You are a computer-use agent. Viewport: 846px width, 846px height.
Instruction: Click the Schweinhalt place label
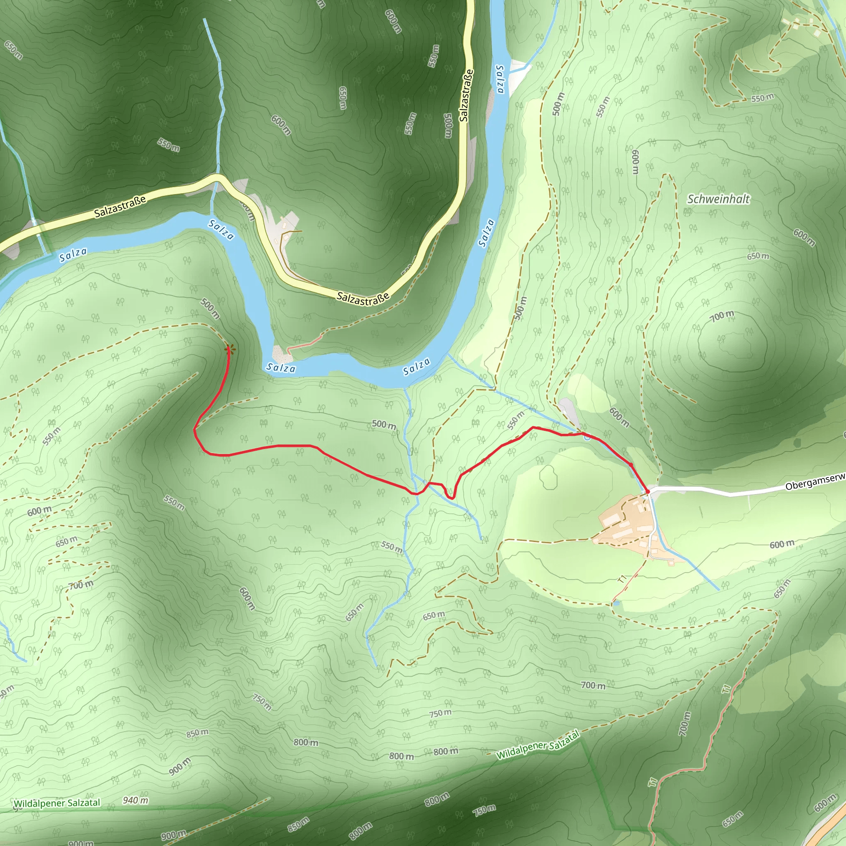coord(718,199)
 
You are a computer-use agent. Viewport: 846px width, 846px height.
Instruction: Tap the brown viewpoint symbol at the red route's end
coord(228,349)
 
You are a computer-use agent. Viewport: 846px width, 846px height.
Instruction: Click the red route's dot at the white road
coord(648,492)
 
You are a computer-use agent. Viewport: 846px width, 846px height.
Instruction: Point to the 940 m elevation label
coord(135,801)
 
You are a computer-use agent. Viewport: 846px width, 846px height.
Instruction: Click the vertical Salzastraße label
coord(466,95)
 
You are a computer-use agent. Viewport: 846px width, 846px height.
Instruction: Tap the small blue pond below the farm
coord(617,604)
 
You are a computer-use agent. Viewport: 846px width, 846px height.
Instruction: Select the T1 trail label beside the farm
coord(622,579)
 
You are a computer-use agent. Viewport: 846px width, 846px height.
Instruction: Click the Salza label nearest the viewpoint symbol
coord(281,368)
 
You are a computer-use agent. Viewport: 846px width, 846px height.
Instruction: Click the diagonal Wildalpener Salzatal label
coord(538,745)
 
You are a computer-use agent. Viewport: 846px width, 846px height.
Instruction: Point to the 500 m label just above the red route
coord(384,424)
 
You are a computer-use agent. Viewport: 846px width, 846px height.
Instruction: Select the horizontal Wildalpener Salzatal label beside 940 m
coord(57,803)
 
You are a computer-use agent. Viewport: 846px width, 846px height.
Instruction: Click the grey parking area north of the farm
coord(570,411)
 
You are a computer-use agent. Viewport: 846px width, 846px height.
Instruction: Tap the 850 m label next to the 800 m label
coord(197,733)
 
